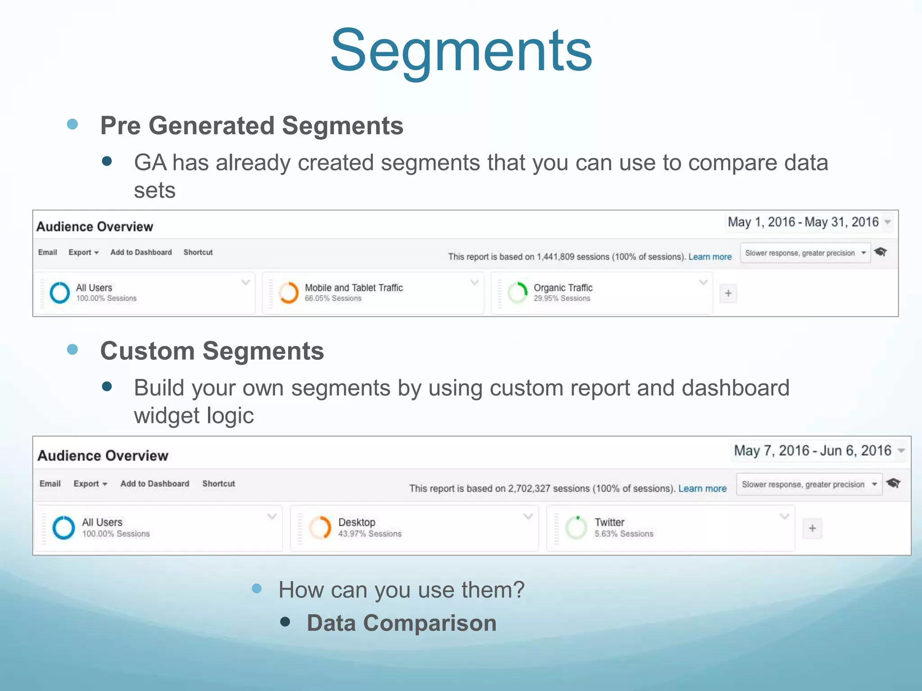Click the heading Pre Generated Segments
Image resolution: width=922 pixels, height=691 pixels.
pos(252,126)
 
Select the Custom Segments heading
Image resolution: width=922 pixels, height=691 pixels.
pos(212,351)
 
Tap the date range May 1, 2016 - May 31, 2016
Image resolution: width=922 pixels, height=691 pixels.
pos(804,222)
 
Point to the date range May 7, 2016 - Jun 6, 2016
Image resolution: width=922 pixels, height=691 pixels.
pos(813,451)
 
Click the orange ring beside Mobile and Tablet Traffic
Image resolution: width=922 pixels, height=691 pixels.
pos(289,293)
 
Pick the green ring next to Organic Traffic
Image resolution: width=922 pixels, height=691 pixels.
pos(517,293)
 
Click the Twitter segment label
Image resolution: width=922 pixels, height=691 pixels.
pos(609,522)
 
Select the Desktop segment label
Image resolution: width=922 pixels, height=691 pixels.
pos(357,522)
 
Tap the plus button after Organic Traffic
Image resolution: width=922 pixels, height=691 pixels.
pos(728,294)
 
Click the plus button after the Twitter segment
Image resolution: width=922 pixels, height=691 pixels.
pos(812,528)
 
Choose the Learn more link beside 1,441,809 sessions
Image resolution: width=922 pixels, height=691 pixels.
pos(710,257)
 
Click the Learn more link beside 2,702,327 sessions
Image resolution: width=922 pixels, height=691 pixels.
pos(702,489)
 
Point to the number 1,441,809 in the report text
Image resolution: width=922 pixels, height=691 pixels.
pos(556,257)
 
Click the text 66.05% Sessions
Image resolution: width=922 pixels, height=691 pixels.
pos(333,299)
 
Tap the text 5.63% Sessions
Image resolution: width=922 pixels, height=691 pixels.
pos(624,534)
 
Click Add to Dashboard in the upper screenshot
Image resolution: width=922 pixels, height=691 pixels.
pos(141,252)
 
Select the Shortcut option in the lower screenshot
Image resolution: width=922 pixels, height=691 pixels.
pos(218,484)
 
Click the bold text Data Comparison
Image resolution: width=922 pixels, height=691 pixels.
pos(402,624)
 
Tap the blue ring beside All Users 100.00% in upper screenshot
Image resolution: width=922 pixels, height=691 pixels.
pos(60,293)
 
